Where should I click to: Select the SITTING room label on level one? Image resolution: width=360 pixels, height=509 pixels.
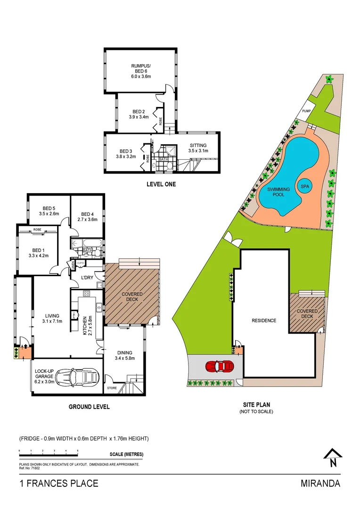[198, 145]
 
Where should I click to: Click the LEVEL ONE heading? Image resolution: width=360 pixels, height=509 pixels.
[161, 184]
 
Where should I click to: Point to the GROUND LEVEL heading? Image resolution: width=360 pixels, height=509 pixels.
[89, 407]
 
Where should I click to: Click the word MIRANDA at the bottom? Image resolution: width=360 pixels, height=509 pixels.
[320, 484]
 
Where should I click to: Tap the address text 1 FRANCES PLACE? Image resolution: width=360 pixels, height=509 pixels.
[59, 484]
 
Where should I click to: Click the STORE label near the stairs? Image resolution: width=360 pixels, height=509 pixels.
[112, 388]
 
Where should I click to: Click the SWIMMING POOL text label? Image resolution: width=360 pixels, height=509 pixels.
[278, 192]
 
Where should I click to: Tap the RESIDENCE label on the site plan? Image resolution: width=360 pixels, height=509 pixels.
[263, 320]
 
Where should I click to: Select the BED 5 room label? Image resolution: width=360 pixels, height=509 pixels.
[49, 208]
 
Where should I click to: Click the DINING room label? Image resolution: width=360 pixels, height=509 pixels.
[125, 353]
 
